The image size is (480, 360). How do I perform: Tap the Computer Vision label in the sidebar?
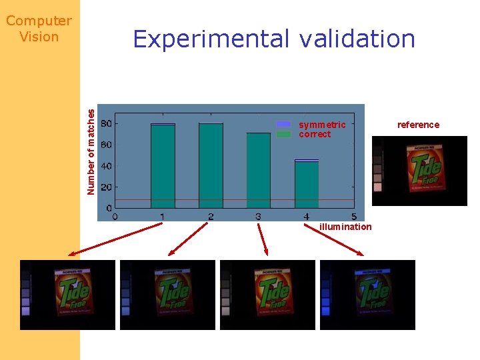click(x=39, y=29)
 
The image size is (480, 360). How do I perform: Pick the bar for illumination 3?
click(x=259, y=170)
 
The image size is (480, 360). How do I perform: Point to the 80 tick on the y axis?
click(x=105, y=123)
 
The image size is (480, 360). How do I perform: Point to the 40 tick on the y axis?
click(x=105, y=166)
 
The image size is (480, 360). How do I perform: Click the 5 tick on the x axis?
click(x=353, y=217)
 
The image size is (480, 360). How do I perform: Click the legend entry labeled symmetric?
click(x=322, y=125)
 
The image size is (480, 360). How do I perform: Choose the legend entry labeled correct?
click(x=315, y=134)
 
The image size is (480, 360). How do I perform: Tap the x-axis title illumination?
click(x=345, y=227)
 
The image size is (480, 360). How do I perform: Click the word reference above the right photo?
click(x=418, y=125)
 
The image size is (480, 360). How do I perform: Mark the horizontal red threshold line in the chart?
click(x=233, y=200)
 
